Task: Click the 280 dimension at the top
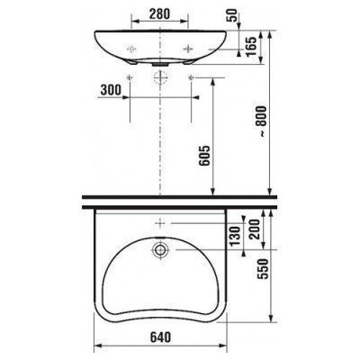[161, 13]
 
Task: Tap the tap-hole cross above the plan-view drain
[160, 220]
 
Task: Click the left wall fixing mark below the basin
[130, 79]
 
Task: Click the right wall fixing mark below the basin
[193, 79]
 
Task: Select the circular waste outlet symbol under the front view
[161, 79]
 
